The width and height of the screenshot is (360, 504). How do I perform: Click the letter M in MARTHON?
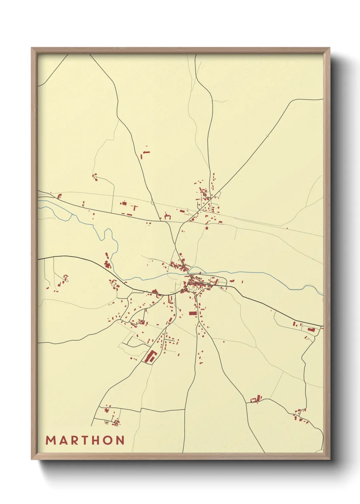pyautogui.click(x=51, y=440)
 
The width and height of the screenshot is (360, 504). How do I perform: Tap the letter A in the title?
pyautogui.click(x=63, y=440)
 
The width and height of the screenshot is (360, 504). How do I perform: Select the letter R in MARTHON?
pyautogui.click(x=74, y=440)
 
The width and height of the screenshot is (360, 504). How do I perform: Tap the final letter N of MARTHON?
pyautogui.click(x=120, y=440)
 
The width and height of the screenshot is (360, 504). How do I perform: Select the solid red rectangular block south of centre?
pyautogui.click(x=193, y=313)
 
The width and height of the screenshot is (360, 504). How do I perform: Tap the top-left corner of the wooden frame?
pyautogui.click(x=32, y=48)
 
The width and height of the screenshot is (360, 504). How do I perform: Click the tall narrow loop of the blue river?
pyautogui.click(x=108, y=235)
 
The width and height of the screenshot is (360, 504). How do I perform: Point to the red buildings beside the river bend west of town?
pyautogui.click(x=108, y=262)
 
